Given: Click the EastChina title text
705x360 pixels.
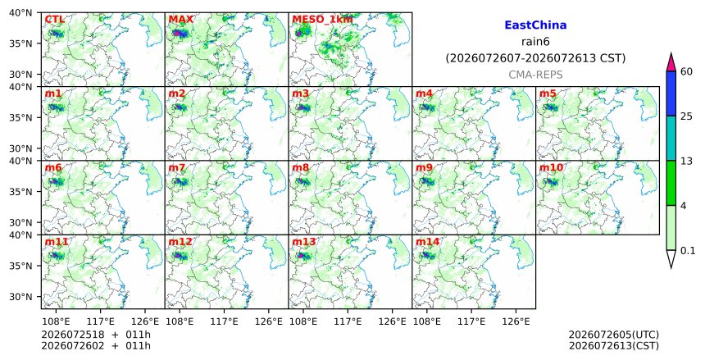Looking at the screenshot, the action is pyautogui.click(x=535, y=25).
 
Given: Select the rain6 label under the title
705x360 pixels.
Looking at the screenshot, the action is pyautogui.click(x=535, y=42).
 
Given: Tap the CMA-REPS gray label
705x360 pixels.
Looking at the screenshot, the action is pyautogui.click(x=535, y=75).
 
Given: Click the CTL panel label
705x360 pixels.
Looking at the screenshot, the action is pyautogui.click(x=54, y=20).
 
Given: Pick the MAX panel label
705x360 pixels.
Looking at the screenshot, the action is pyautogui.click(x=180, y=20).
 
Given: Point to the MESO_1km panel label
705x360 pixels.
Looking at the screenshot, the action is pyautogui.click(x=322, y=20).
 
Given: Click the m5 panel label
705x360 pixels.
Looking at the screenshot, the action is pyautogui.click(x=548, y=93).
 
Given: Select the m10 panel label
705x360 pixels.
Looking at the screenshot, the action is pyautogui.click(x=551, y=167).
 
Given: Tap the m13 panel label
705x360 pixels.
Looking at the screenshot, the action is pyautogui.click(x=304, y=242).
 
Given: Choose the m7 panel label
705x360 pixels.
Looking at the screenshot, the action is pyautogui.click(x=177, y=167).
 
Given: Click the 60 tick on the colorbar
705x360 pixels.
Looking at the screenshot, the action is pyautogui.click(x=686, y=71).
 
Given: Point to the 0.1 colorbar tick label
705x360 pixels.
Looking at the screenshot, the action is pyautogui.click(x=688, y=251).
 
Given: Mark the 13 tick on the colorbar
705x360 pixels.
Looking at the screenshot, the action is pyautogui.click(x=686, y=161).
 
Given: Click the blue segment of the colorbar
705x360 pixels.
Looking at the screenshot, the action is pyautogui.click(x=671, y=93).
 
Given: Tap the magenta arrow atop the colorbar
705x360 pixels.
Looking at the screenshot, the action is pyautogui.click(x=671, y=62).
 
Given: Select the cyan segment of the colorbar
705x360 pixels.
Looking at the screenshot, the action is pyautogui.click(x=671, y=138).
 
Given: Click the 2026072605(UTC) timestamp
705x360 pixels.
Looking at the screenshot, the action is pyautogui.click(x=614, y=335).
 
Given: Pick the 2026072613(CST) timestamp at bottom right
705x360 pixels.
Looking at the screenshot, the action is pyautogui.click(x=614, y=346).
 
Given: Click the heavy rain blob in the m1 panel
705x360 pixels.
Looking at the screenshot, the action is pyautogui.click(x=57, y=107).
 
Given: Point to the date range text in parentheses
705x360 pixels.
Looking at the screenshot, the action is pyautogui.click(x=535, y=58).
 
